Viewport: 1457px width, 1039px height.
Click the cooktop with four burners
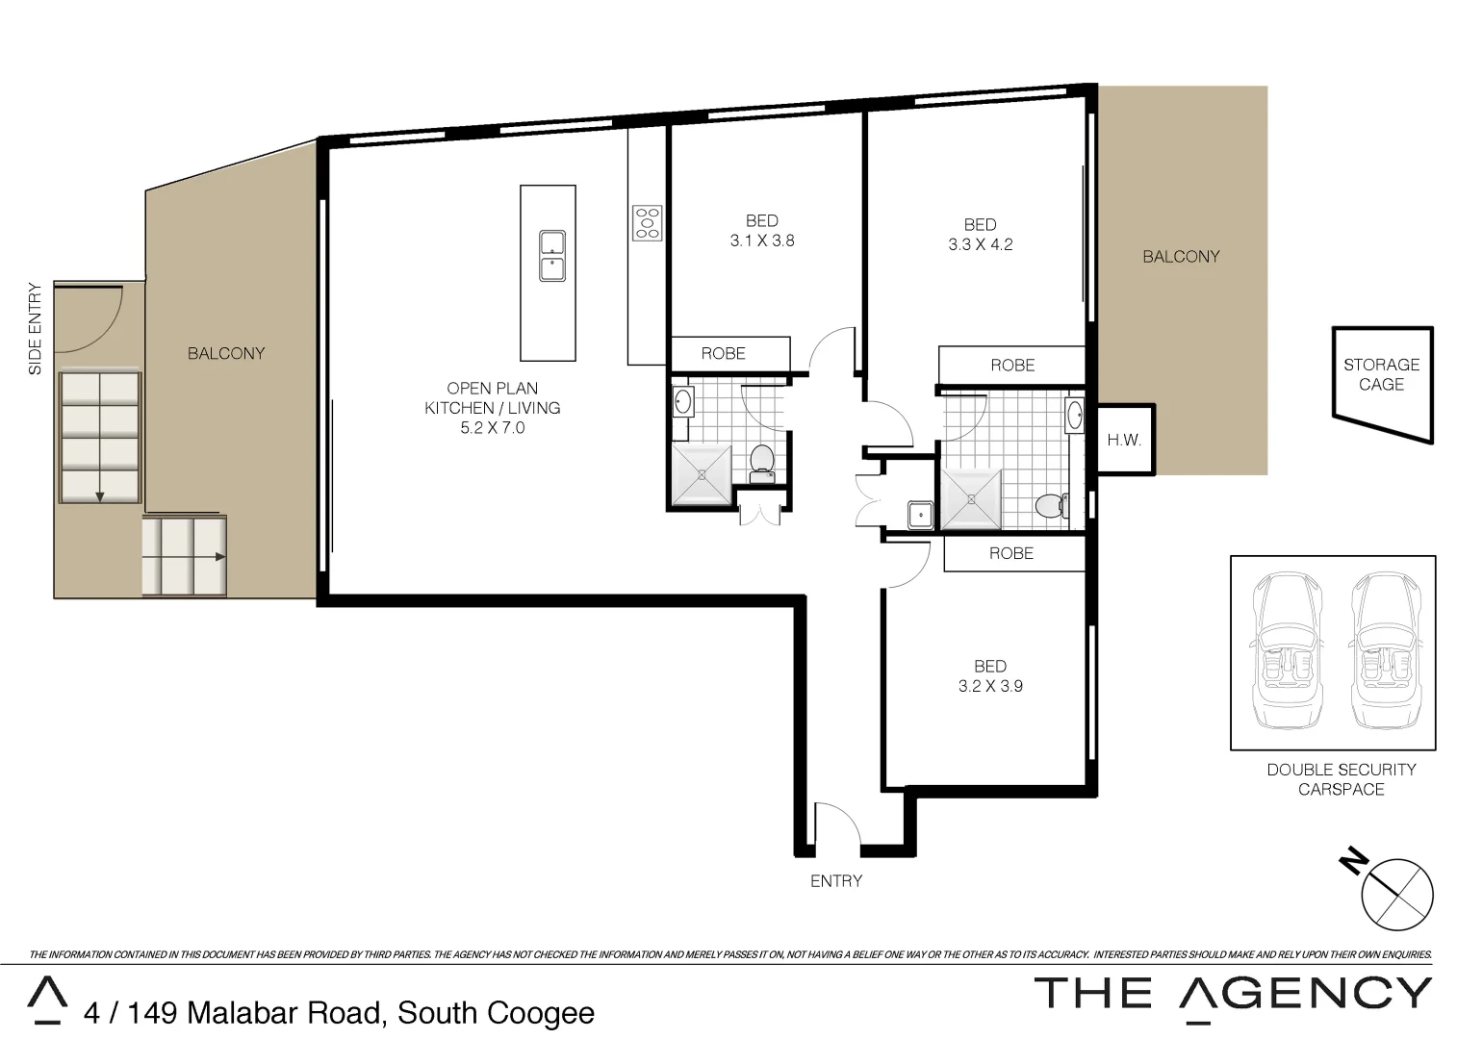tap(647, 223)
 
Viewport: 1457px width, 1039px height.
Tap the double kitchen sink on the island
tap(552, 256)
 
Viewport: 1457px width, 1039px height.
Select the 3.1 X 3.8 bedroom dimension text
tap(762, 241)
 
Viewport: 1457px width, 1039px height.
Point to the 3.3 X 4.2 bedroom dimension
tap(980, 245)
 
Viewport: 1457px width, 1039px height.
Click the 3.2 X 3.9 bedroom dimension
tap(990, 687)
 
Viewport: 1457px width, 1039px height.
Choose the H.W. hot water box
tap(1124, 441)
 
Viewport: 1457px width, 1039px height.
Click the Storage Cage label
tap(1381, 374)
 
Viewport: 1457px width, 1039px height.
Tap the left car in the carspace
tap(1288, 651)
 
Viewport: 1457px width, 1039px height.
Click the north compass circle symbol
tap(1397, 895)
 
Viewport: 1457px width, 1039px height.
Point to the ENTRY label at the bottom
tap(835, 881)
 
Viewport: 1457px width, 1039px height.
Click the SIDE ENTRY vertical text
tap(36, 329)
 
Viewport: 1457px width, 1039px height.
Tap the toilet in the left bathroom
tap(762, 463)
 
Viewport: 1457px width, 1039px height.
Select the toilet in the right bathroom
tap(1050, 505)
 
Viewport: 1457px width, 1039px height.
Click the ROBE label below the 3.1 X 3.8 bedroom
tap(723, 354)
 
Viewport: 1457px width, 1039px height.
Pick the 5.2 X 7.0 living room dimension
tap(492, 428)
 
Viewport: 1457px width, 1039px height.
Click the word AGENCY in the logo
tap(1306, 994)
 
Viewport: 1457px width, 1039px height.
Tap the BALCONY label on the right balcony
tap(1181, 257)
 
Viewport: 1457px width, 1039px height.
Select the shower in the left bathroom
tap(702, 474)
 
